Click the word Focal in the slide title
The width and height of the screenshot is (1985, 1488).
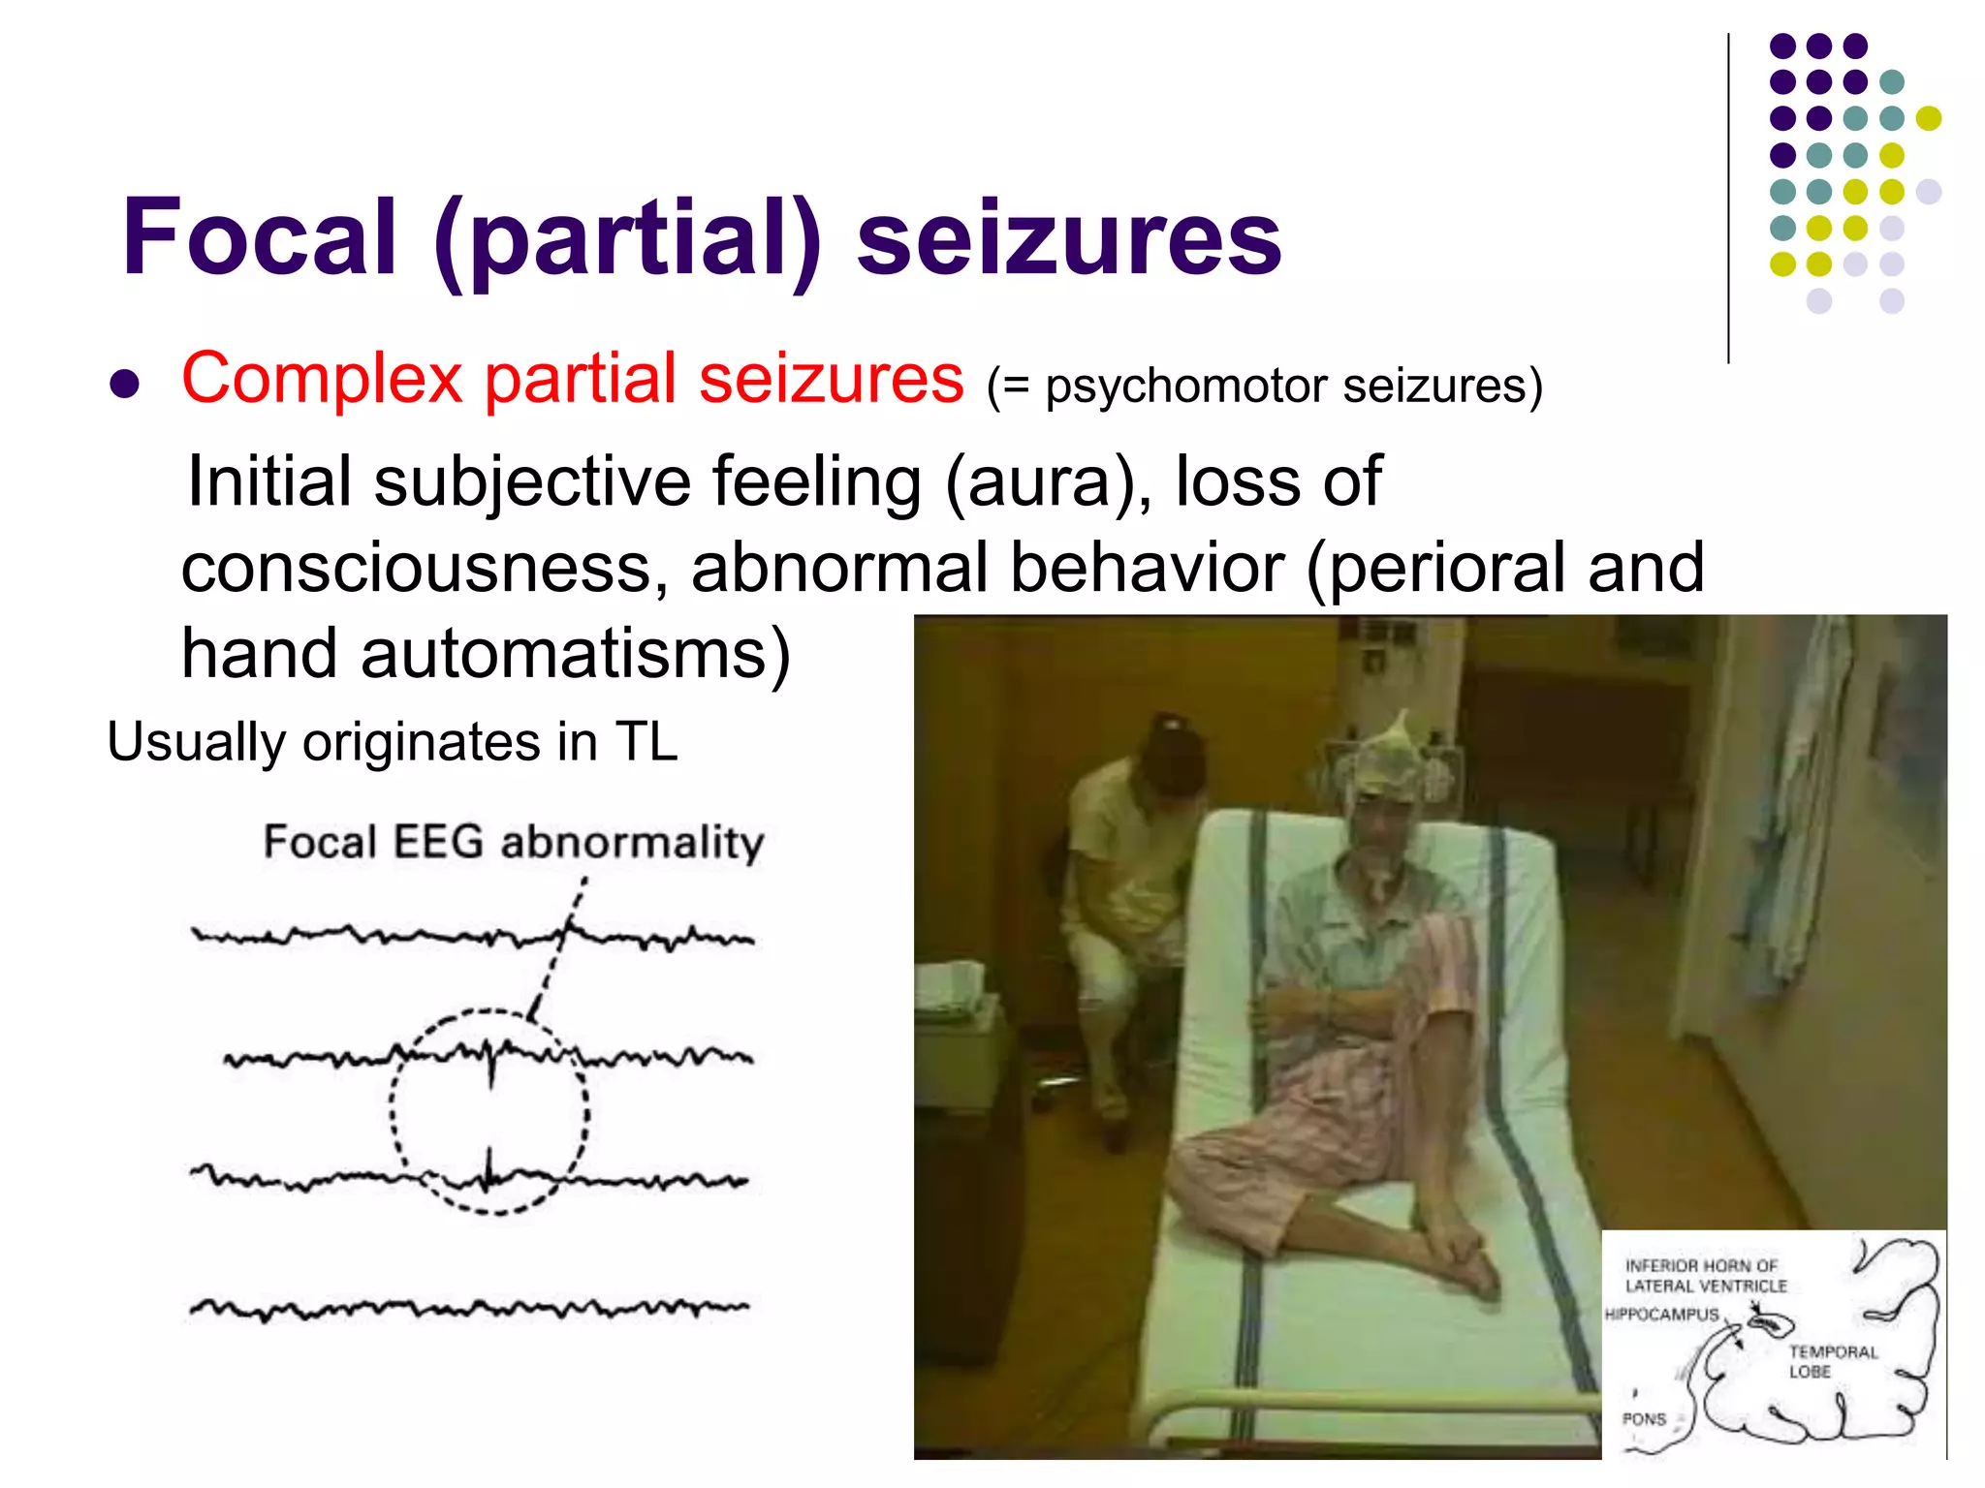(x=260, y=237)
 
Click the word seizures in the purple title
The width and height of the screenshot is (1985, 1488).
(x=1068, y=237)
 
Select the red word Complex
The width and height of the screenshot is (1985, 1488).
(x=322, y=378)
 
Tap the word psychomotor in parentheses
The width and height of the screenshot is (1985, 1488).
(x=1184, y=386)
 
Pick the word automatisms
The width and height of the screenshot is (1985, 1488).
(x=576, y=654)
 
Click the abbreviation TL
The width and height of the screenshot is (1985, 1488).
(x=646, y=742)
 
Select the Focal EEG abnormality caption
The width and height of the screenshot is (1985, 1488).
(x=514, y=841)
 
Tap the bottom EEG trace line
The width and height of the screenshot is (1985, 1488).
(x=470, y=1309)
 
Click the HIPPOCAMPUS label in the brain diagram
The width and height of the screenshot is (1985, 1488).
(x=1661, y=1315)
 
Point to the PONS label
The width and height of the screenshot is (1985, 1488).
(x=1644, y=1419)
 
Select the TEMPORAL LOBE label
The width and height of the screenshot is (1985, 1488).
(x=1832, y=1361)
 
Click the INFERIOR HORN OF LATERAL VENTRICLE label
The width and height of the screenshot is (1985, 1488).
(x=1706, y=1276)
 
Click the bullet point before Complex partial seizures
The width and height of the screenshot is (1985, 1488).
(x=125, y=384)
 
